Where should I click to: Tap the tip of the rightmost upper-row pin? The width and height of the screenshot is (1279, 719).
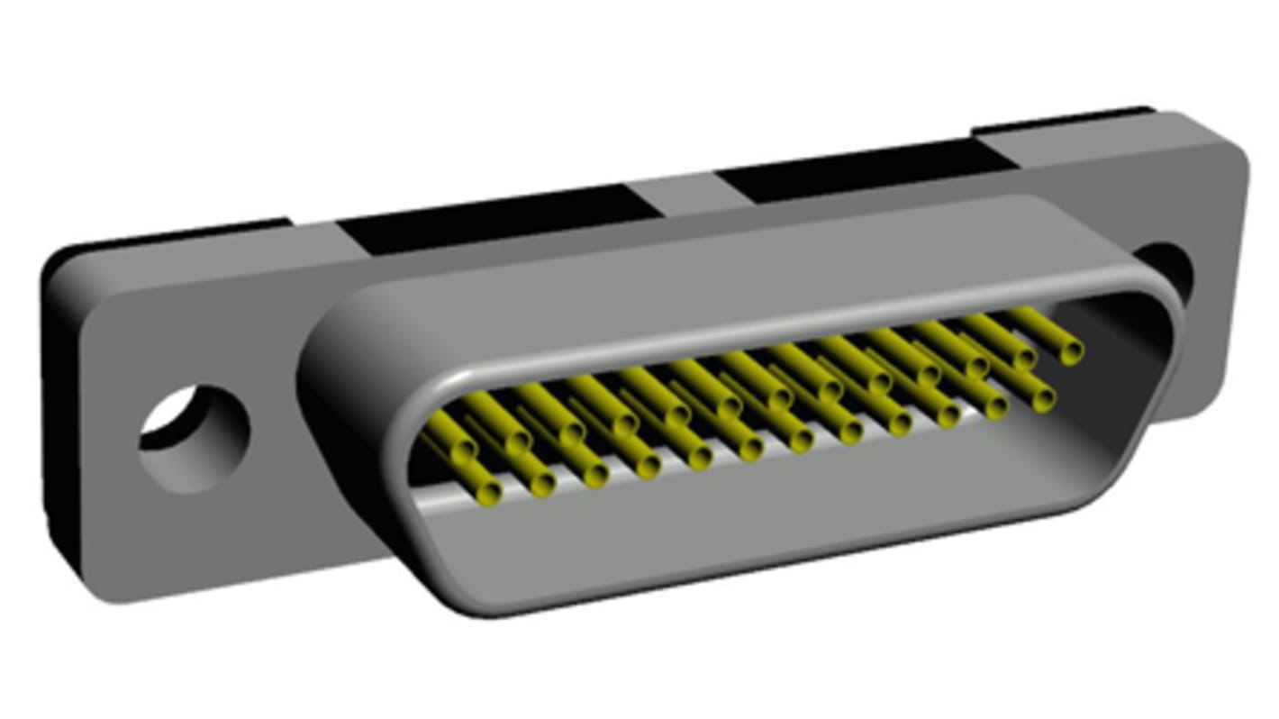1070,350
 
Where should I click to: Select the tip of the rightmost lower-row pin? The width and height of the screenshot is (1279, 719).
1042,398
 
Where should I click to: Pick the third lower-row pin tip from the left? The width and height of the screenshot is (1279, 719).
594,473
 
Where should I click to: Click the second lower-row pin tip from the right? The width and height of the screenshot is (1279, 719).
995,406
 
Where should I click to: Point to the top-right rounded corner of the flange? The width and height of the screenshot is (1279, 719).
1234,135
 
